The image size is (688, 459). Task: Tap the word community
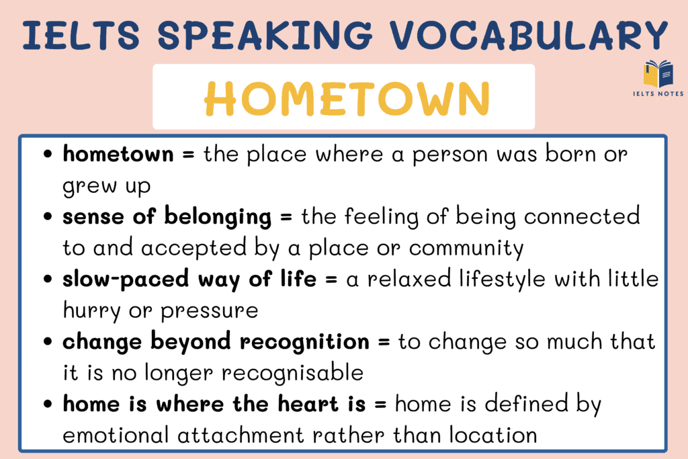466,248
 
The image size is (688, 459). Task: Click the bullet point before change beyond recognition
48,342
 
